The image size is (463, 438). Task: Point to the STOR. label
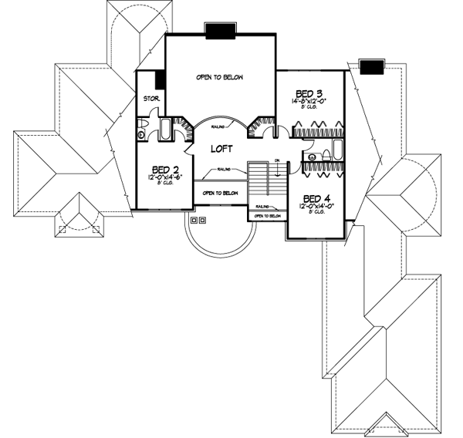pyautogui.click(x=150, y=99)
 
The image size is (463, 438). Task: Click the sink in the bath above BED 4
pyautogui.click(x=311, y=158)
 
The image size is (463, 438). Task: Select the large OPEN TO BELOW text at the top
pyautogui.click(x=222, y=77)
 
